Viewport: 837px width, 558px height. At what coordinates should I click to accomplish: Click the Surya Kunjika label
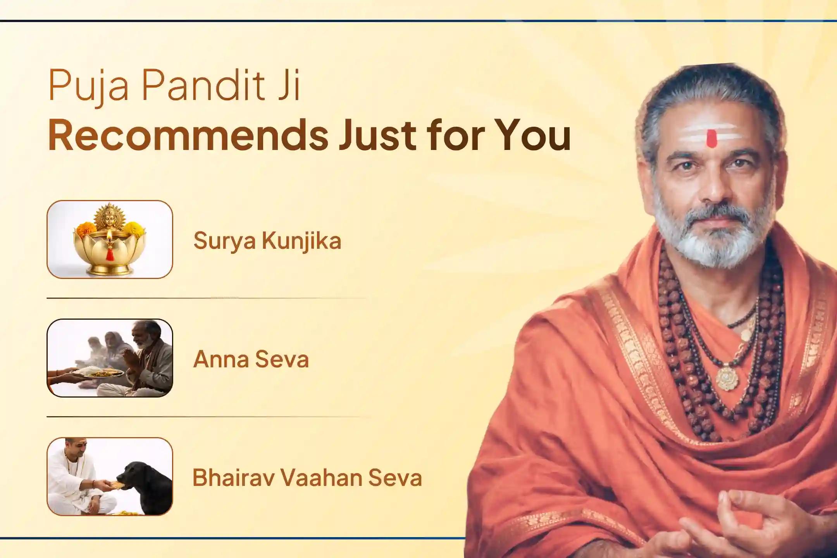coord(267,241)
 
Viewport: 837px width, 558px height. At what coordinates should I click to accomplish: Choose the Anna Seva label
coord(251,359)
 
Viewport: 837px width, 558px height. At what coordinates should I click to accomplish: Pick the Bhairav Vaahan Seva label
coord(307,478)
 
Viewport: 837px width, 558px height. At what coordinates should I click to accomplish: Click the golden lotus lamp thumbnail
coord(110,239)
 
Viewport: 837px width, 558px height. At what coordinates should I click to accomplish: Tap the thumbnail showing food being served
coord(110,358)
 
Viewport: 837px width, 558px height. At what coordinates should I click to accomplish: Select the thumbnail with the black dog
coord(110,476)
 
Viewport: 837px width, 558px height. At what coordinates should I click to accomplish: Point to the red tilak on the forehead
coord(710,138)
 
